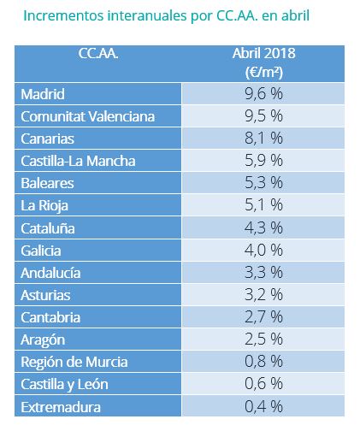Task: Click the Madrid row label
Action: (x=43, y=94)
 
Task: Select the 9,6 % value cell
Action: (x=263, y=94)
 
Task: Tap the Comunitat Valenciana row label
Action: (x=88, y=116)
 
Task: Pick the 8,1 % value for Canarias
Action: (x=263, y=139)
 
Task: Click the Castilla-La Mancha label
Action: (x=78, y=161)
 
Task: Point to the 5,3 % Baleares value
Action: (x=263, y=183)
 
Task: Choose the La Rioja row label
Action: (x=44, y=206)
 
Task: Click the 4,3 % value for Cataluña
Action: (x=263, y=227)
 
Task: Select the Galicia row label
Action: (x=41, y=251)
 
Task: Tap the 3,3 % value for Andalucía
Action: (x=263, y=272)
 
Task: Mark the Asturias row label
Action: (x=45, y=295)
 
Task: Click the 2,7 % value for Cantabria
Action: (x=263, y=316)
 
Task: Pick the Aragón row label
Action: (x=43, y=340)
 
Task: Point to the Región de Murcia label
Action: (x=74, y=363)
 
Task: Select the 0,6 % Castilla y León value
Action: (x=263, y=383)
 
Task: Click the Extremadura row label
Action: (x=61, y=407)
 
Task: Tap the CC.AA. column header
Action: (x=98, y=53)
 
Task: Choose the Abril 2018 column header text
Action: (x=263, y=53)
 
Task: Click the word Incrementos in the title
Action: (x=63, y=15)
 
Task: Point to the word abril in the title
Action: (x=295, y=15)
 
